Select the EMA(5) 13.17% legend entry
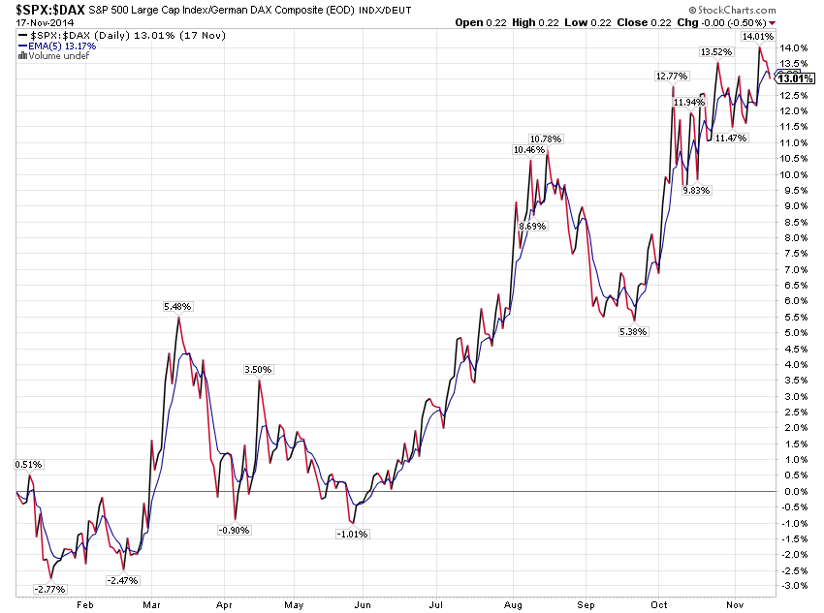click(x=58, y=46)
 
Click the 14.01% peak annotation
click(x=757, y=37)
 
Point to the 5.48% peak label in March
click(x=178, y=306)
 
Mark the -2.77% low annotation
click(x=49, y=589)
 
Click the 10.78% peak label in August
click(x=546, y=139)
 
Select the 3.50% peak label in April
click(x=259, y=370)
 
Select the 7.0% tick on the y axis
click(x=795, y=269)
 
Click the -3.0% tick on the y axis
click(x=795, y=585)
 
